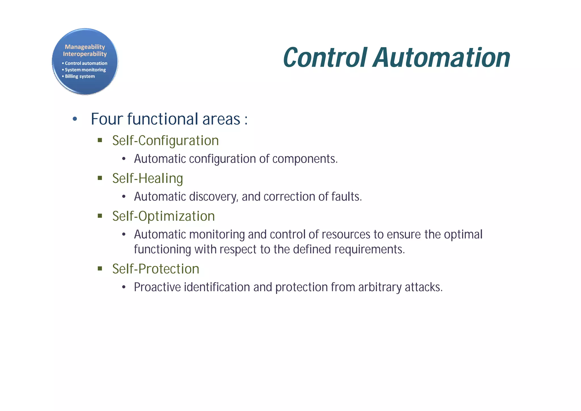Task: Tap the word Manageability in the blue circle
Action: (85, 47)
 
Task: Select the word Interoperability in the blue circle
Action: (85, 54)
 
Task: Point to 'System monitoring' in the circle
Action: (85, 70)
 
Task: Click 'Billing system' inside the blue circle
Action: (80, 76)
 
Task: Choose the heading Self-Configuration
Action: (165, 141)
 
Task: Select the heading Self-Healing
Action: (148, 179)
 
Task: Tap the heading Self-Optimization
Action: (163, 216)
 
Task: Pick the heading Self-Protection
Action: (156, 269)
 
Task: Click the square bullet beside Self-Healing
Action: (100, 178)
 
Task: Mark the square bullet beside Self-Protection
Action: (100, 268)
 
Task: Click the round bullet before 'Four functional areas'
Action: (75, 119)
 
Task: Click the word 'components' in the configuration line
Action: (304, 159)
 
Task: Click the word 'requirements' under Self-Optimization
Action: (369, 249)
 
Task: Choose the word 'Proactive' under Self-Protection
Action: (157, 287)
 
